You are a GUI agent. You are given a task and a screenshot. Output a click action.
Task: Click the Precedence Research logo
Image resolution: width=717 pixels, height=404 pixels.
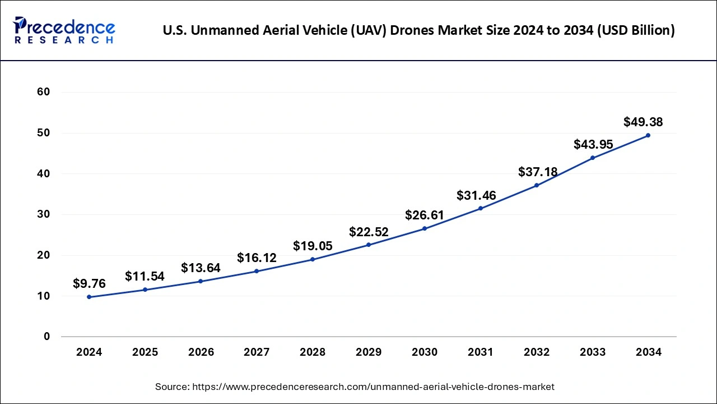63,30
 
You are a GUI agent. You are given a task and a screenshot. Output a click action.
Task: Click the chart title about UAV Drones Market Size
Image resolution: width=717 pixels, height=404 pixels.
418,30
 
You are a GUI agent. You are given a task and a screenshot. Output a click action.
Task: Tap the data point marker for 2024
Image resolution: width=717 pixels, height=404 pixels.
89,297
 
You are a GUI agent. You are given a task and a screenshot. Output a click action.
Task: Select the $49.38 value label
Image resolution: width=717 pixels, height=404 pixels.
643,122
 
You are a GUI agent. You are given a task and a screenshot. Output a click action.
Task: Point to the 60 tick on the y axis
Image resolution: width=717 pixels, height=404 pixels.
43,92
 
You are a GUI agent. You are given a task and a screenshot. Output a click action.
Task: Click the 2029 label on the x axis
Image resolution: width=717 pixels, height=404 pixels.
369,352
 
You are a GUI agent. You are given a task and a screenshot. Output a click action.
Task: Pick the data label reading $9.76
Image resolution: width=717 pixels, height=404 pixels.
89,283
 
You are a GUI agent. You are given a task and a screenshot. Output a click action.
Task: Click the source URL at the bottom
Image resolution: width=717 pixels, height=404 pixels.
354,387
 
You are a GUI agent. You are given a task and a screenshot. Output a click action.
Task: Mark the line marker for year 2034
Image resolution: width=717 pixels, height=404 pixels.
648,135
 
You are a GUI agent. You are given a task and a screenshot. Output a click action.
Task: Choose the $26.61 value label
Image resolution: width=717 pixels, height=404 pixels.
425,215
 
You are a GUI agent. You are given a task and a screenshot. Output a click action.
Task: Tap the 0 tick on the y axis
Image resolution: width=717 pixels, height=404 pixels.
47,337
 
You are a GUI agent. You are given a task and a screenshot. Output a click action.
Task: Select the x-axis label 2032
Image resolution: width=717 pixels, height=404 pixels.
537,352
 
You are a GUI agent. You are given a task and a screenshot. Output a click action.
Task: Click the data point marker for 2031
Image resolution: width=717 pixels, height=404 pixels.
481,208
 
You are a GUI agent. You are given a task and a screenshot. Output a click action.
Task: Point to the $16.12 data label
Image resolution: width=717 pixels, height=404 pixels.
257,258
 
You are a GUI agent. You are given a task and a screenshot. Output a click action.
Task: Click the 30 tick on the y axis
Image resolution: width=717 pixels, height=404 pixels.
43,214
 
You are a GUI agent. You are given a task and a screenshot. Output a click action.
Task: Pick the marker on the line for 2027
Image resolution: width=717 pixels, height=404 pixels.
257,271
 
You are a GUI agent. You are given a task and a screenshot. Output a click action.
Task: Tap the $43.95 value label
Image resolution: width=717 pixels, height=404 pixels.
593,144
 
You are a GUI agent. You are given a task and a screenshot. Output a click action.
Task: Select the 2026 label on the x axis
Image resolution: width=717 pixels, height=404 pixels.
201,352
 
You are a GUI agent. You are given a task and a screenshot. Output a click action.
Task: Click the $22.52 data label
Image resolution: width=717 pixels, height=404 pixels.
369,232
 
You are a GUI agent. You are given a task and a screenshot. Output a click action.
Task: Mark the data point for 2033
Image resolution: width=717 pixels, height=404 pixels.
593,158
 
